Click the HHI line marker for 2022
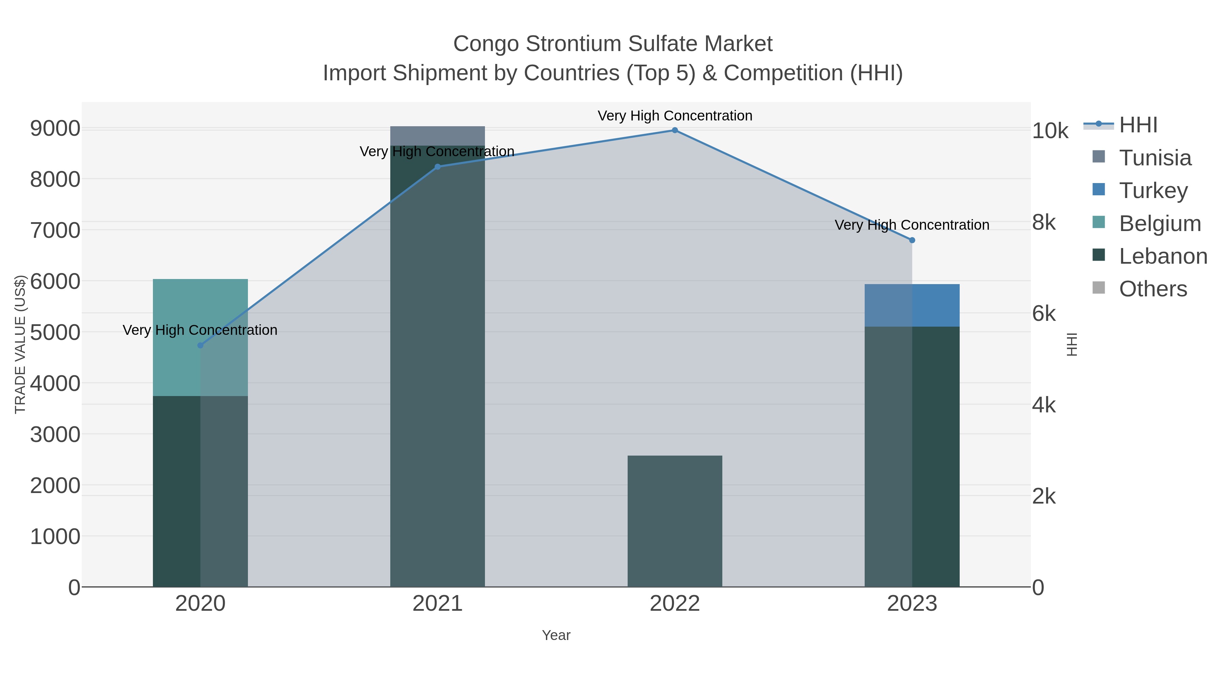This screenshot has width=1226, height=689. tap(674, 130)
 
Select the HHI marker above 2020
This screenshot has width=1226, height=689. tap(200, 346)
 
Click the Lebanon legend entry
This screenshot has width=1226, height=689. tap(1163, 256)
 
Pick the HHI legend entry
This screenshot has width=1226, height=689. tap(1137, 125)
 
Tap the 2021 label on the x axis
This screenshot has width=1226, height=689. tap(437, 604)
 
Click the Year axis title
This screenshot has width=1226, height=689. tap(556, 635)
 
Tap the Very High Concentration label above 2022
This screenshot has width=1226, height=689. tap(674, 116)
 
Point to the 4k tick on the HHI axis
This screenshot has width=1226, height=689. tap(1044, 405)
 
